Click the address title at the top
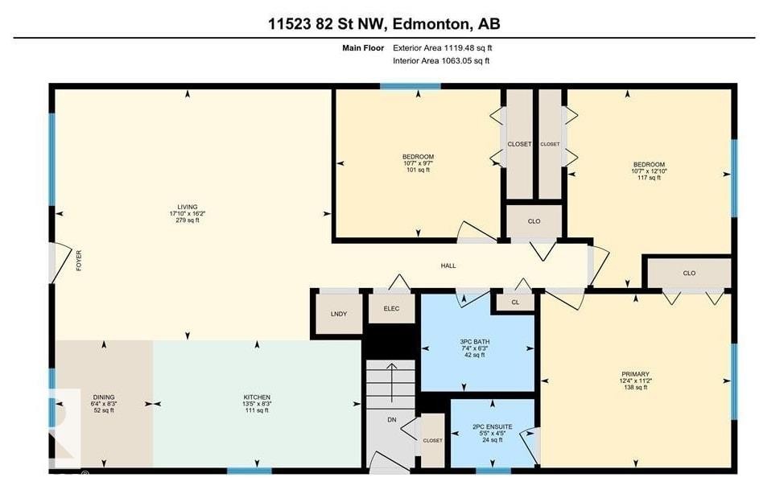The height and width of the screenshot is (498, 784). [384, 24]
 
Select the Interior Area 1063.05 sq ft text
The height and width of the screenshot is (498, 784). [441, 60]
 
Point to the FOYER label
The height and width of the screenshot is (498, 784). [79, 261]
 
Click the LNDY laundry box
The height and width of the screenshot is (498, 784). [338, 313]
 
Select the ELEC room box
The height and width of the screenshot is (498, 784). [391, 307]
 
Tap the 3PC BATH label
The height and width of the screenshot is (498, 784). [475, 348]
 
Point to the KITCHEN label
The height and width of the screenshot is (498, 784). [257, 403]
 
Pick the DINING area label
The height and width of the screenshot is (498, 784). [104, 403]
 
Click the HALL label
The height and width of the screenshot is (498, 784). [448, 265]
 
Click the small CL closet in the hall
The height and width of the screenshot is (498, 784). [515, 303]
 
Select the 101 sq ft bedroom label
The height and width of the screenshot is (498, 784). [418, 163]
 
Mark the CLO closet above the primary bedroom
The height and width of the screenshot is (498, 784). [688, 273]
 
